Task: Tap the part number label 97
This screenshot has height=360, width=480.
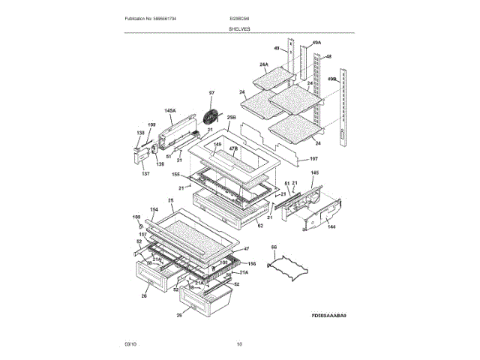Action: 211,93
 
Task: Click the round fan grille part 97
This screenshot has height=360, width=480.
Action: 211,118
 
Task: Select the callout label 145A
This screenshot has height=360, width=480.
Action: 170,111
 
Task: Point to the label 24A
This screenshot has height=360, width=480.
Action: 263,65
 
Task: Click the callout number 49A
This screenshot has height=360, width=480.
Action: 316,43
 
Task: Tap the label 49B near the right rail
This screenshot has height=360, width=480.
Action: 331,79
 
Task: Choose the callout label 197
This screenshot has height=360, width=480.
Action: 313,158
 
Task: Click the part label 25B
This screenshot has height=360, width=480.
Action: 231,118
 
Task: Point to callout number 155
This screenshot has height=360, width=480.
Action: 175,175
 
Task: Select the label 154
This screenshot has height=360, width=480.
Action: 154,209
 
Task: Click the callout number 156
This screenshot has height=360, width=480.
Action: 252,263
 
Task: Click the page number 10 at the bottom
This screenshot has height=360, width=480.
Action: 239,344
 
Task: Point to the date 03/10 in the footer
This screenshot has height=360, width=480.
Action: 130,344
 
